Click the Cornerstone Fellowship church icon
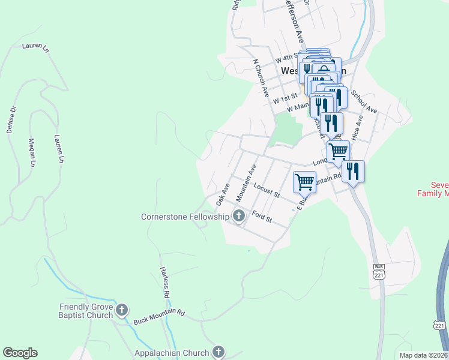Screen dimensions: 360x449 (x=239, y=216)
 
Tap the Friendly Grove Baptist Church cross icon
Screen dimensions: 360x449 (x=121, y=310)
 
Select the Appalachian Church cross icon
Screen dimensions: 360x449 (x=218, y=352)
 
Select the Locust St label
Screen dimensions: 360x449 (x=267, y=191)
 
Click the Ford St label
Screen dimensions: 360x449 (x=262, y=217)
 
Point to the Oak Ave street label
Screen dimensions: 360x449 (x=223, y=194)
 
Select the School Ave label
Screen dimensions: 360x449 (x=364, y=102)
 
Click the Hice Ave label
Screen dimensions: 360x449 (x=358, y=128)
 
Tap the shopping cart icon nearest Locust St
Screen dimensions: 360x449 (x=304, y=181)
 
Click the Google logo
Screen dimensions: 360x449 (x=19, y=353)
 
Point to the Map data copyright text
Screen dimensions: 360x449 (x=423, y=355)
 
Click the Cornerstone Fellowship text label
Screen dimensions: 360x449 (x=185, y=217)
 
